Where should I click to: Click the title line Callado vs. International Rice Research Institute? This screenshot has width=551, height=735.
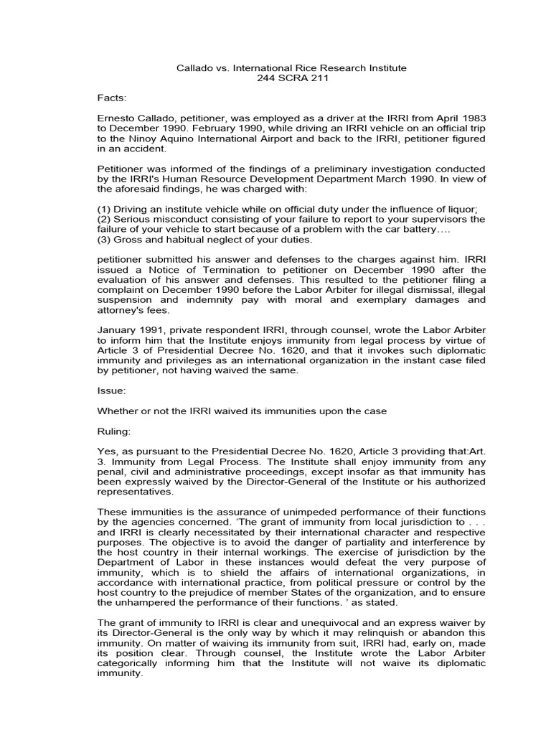point(291,68)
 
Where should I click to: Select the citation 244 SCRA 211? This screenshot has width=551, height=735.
point(292,78)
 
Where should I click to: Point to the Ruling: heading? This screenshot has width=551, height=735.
point(114,434)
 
